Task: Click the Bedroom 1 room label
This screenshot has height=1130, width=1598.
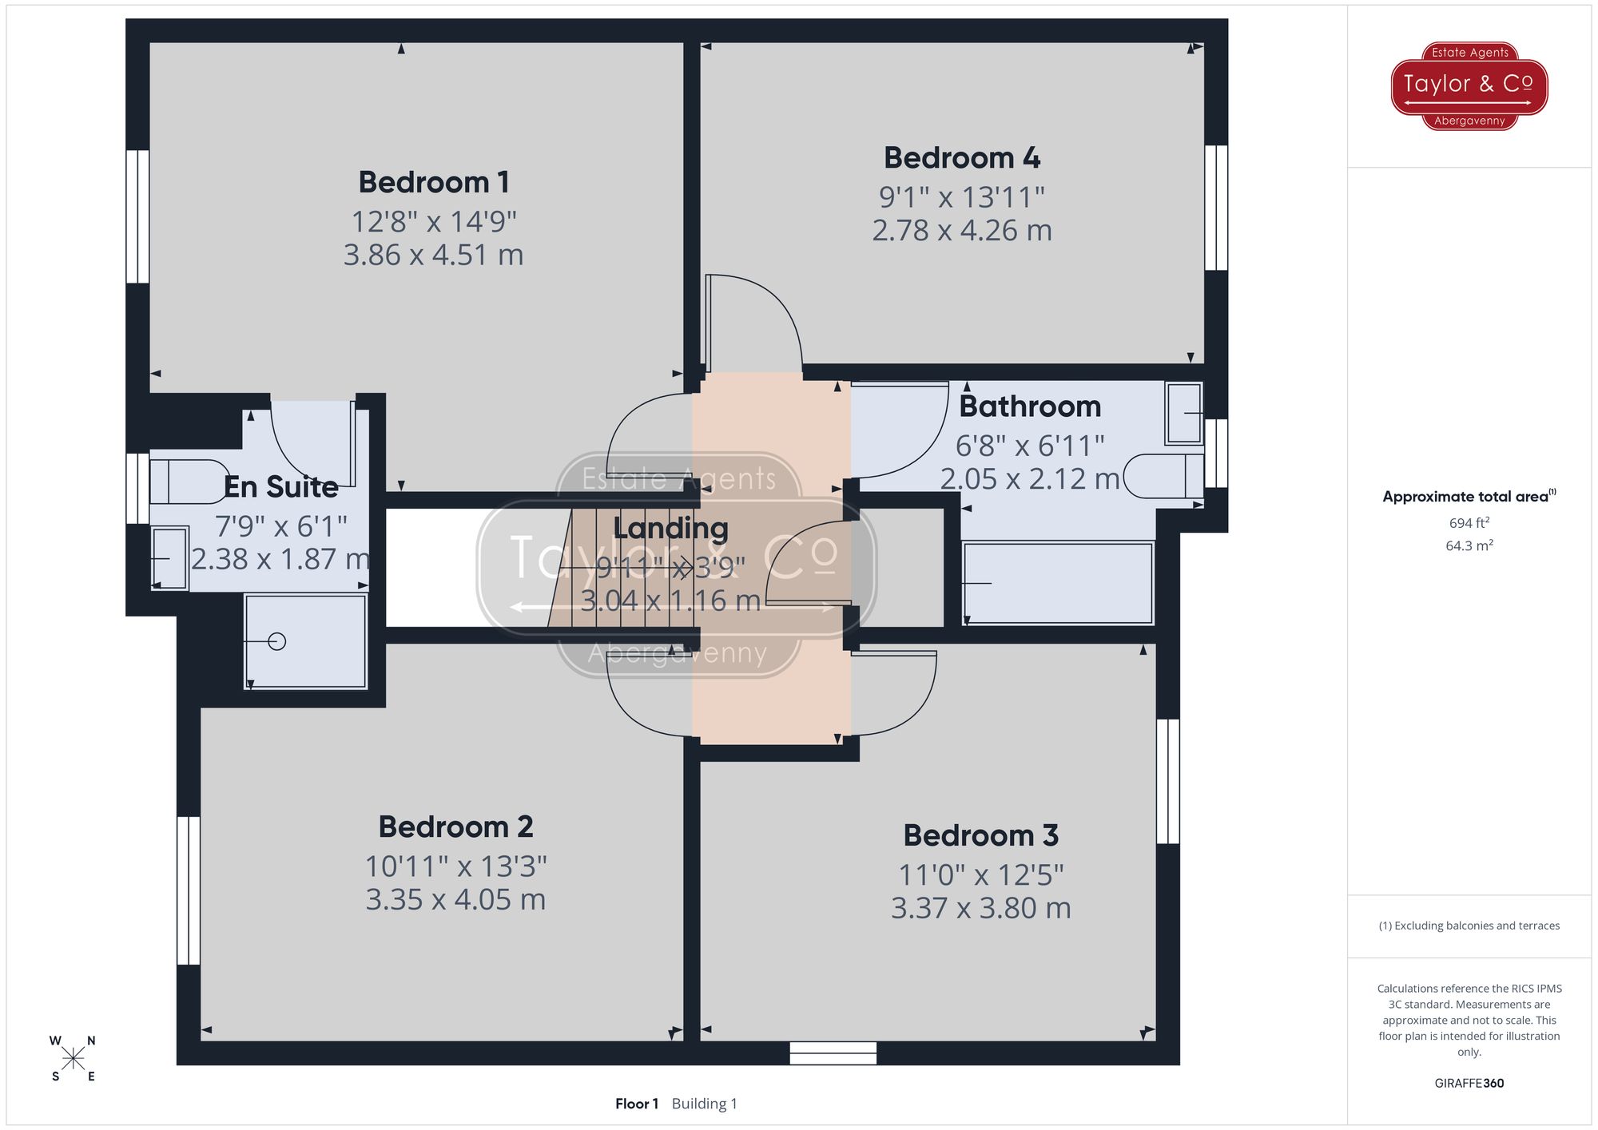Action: tap(433, 182)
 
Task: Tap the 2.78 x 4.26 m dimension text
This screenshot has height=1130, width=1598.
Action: tap(961, 231)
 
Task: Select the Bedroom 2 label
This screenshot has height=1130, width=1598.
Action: tap(455, 827)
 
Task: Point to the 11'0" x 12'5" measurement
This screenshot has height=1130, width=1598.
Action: tap(980, 875)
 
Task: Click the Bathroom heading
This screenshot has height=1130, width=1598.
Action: tap(1029, 406)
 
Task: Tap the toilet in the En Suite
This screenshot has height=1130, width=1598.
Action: tap(189, 482)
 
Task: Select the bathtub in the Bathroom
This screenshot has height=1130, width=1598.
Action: tap(1058, 583)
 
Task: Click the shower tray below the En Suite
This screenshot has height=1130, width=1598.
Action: tap(304, 640)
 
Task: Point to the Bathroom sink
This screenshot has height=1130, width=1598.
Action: tap(1183, 413)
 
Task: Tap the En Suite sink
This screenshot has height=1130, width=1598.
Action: tap(169, 558)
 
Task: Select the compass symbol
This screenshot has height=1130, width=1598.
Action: tap(73, 1059)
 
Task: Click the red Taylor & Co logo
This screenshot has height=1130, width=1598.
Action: tap(1469, 85)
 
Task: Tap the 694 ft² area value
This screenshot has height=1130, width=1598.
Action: tap(1469, 523)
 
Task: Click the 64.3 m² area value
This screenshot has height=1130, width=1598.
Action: tap(1469, 546)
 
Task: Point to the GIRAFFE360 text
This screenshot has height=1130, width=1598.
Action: tap(1469, 1083)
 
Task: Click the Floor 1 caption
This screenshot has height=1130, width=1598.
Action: tap(636, 1104)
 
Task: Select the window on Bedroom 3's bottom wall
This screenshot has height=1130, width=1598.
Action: tap(833, 1053)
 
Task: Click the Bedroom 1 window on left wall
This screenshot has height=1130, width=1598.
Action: tap(137, 216)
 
